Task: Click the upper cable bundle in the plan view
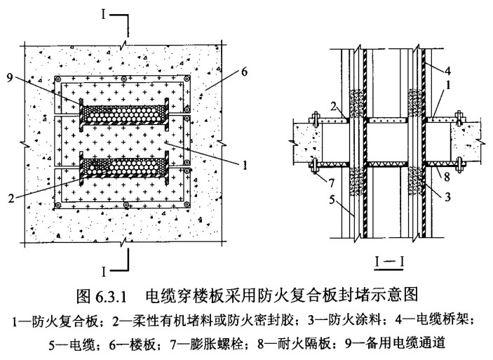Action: click(123, 111)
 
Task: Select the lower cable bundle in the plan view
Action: click(123, 168)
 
